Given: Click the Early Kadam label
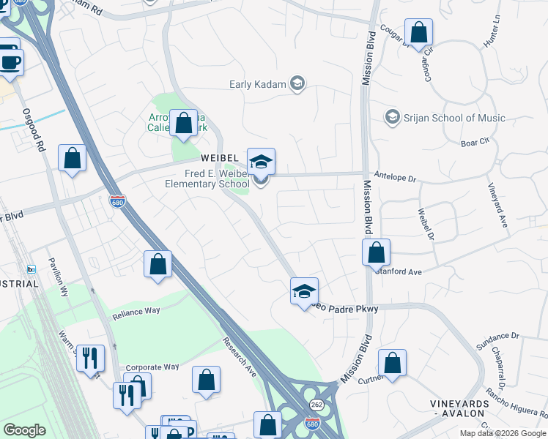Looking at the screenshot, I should click(x=256, y=83).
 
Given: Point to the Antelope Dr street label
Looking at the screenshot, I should click(x=395, y=178).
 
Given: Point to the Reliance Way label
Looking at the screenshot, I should click(x=136, y=312).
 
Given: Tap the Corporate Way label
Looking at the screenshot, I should click(x=152, y=367).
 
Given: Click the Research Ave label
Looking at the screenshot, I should click(x=240, y=357).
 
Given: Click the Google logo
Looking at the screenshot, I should click(x=25, y=430).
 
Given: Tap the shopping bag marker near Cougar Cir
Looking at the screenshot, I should click(x=418, y=33).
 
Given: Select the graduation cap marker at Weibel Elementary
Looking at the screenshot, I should click(x=260, y=162).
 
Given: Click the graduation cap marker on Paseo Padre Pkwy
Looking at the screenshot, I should click(x=304, y=291).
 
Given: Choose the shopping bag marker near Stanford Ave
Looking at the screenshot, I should click(x=376, y=252).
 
